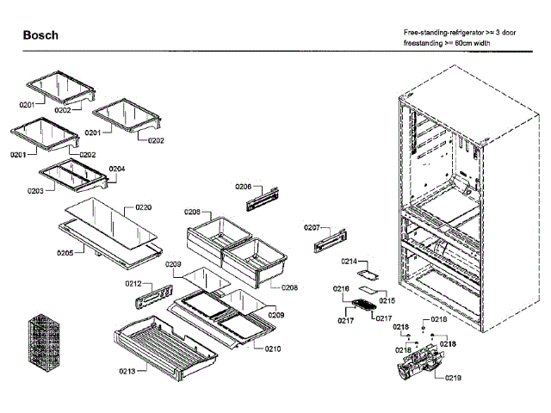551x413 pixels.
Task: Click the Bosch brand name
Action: [40, 35]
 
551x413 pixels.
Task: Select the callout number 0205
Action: [65, 252]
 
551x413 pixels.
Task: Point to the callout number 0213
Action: [127, 371]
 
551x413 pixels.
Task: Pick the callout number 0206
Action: [243, 186]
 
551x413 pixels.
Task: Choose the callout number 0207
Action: [312, 227]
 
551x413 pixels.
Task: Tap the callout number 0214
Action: [349, 260]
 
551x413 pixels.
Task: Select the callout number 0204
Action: [117, 169]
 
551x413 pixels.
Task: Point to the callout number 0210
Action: [272, 348]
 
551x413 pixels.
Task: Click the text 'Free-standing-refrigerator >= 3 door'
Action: [461, 32]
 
